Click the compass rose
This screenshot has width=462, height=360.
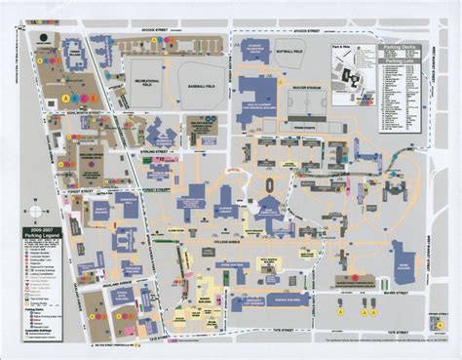click(x=34, y=210)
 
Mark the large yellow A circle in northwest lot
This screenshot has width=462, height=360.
click(x=66, y=98)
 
